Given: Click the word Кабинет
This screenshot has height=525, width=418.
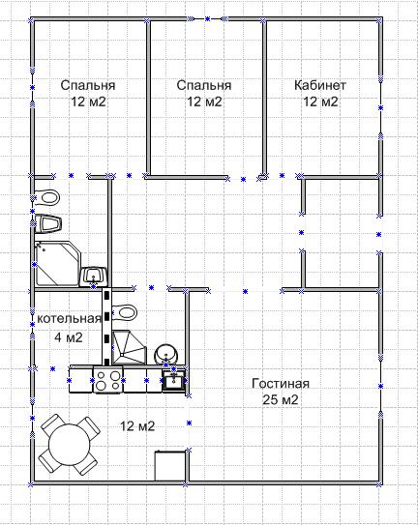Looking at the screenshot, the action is point(319,85).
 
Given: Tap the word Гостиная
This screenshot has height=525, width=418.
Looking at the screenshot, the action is point(281,384).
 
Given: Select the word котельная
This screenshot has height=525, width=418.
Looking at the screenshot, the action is point(69,318).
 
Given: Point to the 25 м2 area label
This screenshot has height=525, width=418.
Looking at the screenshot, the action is point(281,399).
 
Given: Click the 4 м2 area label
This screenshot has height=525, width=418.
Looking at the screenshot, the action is point(69,336).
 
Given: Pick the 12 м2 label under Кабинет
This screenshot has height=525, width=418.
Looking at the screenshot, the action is point(320,102).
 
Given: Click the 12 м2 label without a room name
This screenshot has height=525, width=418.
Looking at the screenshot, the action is point(137,425).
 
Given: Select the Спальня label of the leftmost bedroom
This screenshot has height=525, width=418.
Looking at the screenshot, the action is point(88,85).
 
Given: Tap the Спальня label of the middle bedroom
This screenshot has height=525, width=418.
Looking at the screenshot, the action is point(204,85).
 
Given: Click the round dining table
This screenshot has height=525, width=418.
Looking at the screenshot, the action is point(70,444).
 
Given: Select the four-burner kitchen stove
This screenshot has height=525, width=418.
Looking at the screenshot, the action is point(108,380).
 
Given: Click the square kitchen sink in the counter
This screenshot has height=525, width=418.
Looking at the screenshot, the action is point(173,380).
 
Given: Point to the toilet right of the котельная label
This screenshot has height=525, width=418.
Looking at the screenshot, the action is point(125,312).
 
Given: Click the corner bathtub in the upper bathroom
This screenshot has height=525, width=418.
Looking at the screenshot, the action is point(58,264).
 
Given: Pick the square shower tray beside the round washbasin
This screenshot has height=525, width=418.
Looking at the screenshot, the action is point(129,347).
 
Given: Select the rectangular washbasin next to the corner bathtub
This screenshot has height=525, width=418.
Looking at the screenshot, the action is point(93,277).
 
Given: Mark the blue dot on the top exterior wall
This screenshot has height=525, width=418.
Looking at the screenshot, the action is point(207,19).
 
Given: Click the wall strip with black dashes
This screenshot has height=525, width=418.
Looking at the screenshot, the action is point(106,327).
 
